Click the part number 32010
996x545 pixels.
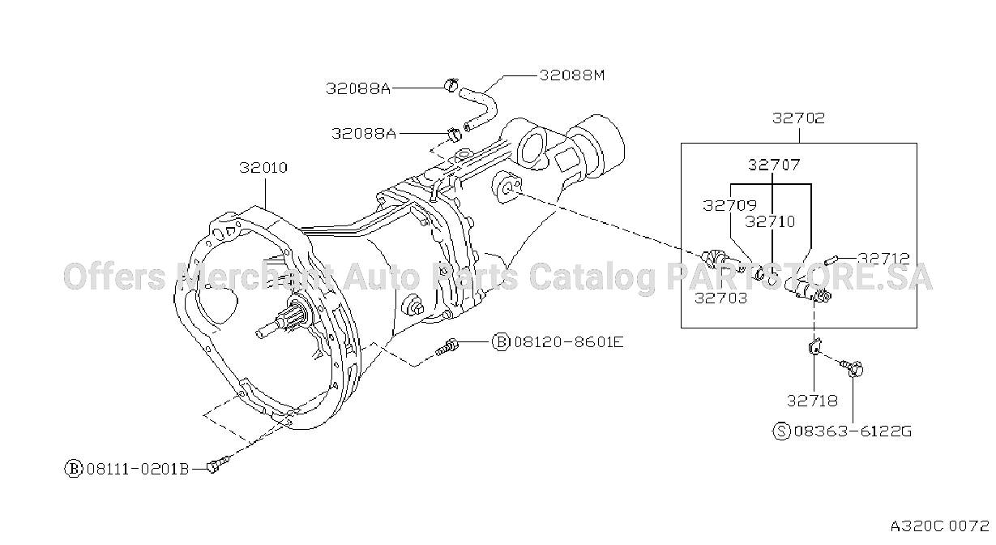coord(263,168)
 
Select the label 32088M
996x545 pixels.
coord(572,75)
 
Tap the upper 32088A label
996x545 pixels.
coord(358,88)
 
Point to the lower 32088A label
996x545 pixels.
coord(363,133)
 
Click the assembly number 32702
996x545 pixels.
coord(798,118)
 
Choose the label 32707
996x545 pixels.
coord(774,165)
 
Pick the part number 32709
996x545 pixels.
coord(729,205)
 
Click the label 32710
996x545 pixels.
coord(770,221)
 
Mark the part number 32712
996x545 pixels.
coord(883,259)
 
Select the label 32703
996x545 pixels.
coord(720,298)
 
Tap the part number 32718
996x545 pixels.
coord(812,401)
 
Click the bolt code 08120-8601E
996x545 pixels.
coord(569,342)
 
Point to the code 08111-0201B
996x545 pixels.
coord(138,469)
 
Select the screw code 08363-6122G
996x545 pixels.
coord(853,431)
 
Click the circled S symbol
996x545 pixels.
coord(781,431)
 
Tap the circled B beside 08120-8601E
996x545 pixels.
coord(501,342)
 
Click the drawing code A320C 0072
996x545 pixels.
coord(939,526)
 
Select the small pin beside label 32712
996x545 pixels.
coord(831,260)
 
